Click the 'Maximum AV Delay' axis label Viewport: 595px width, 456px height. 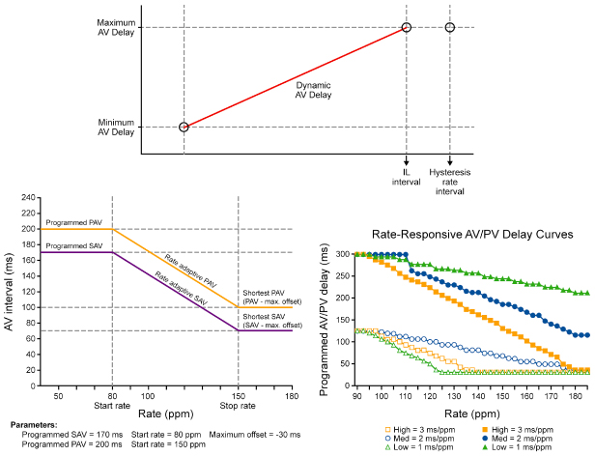click(x=110, y=27)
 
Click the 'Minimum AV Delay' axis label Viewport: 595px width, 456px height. click(x=110, y=127)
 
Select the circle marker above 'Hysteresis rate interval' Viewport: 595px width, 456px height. click(x=450, y=27)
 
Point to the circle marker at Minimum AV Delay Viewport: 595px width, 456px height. click(x=184, y=127)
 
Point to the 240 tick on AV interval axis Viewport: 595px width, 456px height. click(x=28, y=198)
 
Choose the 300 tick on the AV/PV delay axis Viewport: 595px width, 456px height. click(x=342, y=254)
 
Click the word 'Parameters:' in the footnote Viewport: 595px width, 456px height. click(x=38, y=424)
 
